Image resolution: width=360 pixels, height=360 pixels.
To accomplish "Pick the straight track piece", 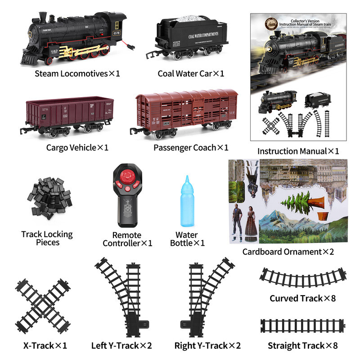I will coord(302,326).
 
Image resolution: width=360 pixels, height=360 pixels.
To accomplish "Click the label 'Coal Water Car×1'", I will coord(190,73).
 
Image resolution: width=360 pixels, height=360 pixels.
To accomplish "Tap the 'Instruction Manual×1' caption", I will coord(298,151).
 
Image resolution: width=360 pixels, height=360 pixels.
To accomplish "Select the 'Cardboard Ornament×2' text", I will coord(288,252).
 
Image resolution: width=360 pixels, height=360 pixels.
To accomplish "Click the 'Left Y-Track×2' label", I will coord(121,346).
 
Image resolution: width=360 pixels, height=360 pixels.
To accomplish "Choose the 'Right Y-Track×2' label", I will coord(207,346).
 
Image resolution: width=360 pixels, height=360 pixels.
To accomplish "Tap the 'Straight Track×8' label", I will coord(302,346).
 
